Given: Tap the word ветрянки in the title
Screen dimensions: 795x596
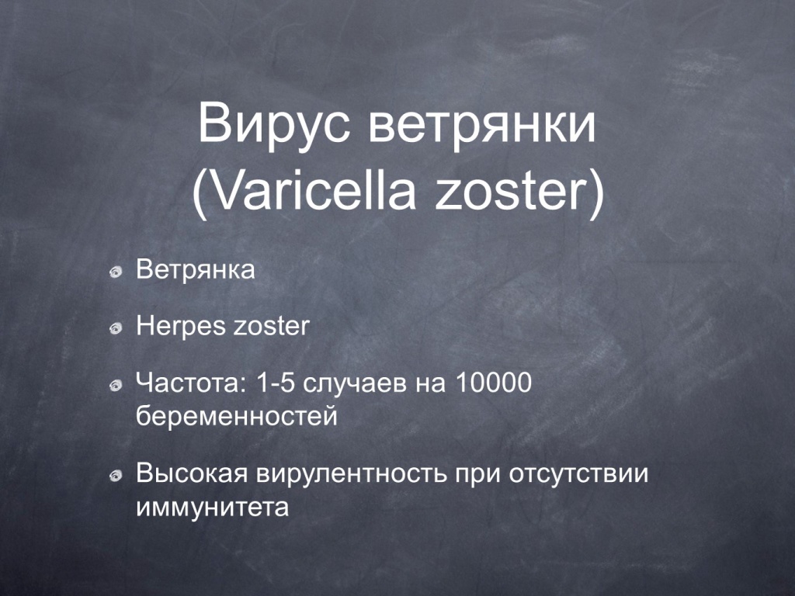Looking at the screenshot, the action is (481, 126).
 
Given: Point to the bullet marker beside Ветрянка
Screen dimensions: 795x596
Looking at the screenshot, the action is (116, 272).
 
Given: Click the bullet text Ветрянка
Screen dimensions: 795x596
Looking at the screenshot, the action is (195, 269).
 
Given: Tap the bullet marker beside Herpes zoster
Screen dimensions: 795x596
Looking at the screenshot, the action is (116, 328).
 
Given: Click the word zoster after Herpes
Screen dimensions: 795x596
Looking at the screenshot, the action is (271, 327).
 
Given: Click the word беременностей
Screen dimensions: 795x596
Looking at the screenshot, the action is (237, 417).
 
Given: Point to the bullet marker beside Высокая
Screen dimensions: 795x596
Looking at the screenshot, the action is (116, 476).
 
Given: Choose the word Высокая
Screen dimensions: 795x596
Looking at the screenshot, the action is (192, 473).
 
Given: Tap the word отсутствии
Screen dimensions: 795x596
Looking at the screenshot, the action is (578, 474).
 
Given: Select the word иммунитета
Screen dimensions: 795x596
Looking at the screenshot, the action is (213, 508).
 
